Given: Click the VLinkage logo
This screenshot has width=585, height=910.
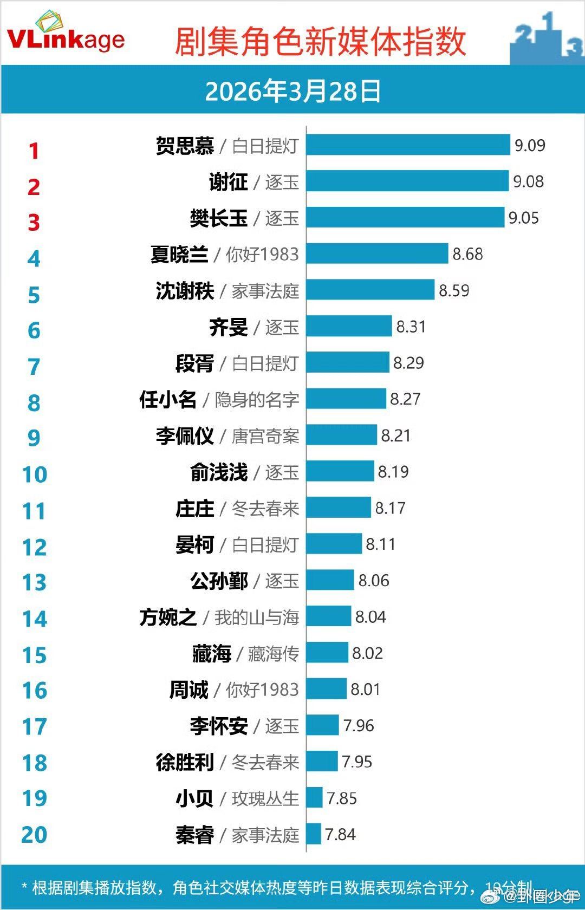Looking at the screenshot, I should pos(66,34).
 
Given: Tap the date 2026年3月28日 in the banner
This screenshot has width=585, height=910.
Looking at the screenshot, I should pos(293,91).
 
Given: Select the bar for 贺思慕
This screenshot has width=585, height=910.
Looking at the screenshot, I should pos(408,145).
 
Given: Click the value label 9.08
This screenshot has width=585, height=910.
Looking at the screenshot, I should pos(528,181).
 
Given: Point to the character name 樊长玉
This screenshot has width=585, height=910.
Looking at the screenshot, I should pos(219,218).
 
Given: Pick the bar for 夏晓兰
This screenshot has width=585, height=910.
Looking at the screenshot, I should pos(377,253).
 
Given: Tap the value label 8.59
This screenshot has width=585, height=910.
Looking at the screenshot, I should pos(454,290).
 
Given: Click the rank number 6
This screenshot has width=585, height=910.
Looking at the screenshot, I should pos(34,330).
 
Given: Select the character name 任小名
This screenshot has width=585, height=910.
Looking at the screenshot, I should pos(168,400).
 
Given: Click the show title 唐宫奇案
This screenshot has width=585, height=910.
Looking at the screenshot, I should pos(265,436).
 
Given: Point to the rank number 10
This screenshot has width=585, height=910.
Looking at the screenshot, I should pos(34,474).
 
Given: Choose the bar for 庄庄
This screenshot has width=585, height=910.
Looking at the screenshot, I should pos(339,508).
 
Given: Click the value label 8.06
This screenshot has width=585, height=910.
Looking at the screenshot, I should pos(374,581).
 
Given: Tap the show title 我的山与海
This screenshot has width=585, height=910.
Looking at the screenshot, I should pos(257,617).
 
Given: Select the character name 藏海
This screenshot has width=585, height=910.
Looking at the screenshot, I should pos(211,654).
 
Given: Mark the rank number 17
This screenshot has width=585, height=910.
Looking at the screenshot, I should pos(34,726).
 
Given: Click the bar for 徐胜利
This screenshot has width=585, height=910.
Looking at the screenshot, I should pos(322,762).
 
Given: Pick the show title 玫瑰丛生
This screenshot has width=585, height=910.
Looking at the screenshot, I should pos(265,798).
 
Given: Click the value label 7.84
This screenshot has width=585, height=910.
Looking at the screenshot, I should pos(340,834).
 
